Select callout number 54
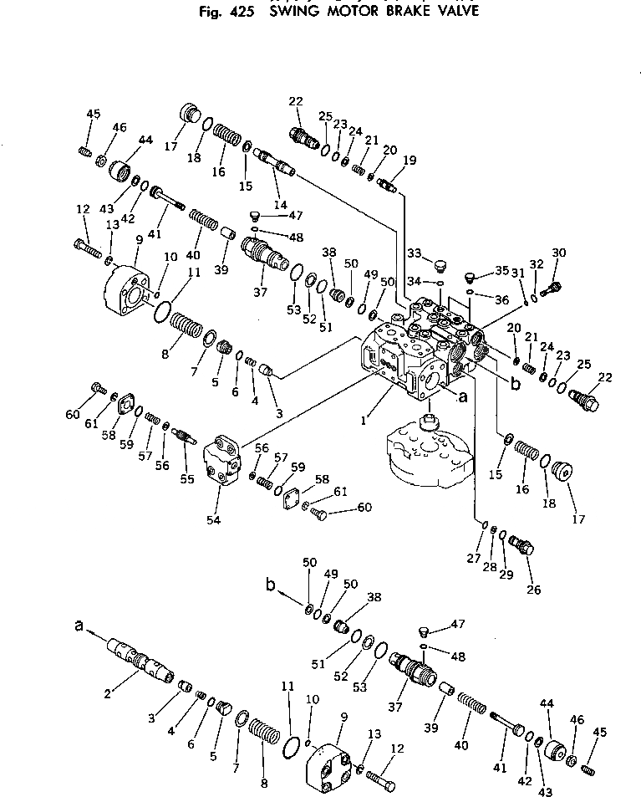[x=214, y=520]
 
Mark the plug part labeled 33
[x=438, y=267]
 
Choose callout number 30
[x=559, y=253]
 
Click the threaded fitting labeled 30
[x=551, y=289]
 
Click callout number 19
[x=409, y=160]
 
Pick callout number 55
[x=186, y=479]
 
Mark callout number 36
[x=501, y=300]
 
